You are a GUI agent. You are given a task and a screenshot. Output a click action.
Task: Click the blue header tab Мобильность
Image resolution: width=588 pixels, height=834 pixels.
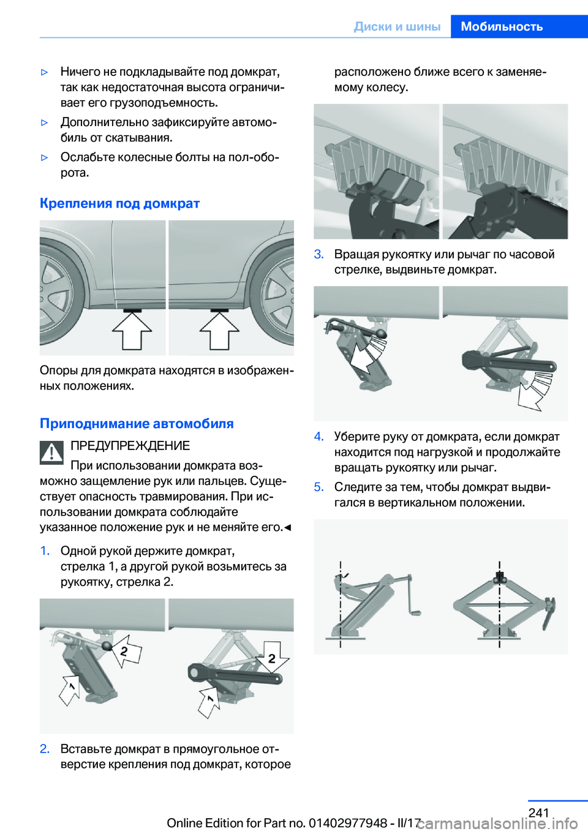click(x=502, y=26)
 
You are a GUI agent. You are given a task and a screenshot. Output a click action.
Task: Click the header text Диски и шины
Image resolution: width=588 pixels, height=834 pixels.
click(x=397, y=26)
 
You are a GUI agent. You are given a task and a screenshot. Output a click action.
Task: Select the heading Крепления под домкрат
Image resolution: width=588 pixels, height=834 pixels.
click(x=119, y=203)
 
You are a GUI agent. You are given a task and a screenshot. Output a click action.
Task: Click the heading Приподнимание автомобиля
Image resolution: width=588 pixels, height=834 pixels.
click(x=137, y=423)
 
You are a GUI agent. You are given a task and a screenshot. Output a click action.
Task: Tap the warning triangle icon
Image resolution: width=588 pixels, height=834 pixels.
click(x=52, y=452)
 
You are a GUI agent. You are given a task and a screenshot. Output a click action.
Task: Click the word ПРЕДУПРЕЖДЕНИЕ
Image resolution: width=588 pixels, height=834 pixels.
click(x=130, y=446)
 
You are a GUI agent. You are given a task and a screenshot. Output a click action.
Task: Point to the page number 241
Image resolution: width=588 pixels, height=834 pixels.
click(x=538, y=812)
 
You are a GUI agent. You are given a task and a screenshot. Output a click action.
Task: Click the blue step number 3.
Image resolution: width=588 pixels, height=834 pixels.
click(x=318, y=254)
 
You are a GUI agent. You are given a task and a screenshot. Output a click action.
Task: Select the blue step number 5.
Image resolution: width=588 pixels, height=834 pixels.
click(x=318, y=487)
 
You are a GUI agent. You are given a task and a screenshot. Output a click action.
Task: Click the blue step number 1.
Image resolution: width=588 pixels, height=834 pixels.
click(x=45, y=550)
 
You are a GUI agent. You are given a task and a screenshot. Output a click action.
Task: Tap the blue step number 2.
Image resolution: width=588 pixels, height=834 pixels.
click(x=45, y=748)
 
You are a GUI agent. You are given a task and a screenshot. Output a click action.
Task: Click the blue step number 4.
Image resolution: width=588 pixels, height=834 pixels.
click(x=318, y=436)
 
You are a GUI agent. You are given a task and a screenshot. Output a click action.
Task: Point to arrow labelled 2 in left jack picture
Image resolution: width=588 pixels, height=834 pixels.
click(x=127, y=650)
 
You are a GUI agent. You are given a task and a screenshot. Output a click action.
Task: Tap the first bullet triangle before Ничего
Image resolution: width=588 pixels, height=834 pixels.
click(x=44, y=72)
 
